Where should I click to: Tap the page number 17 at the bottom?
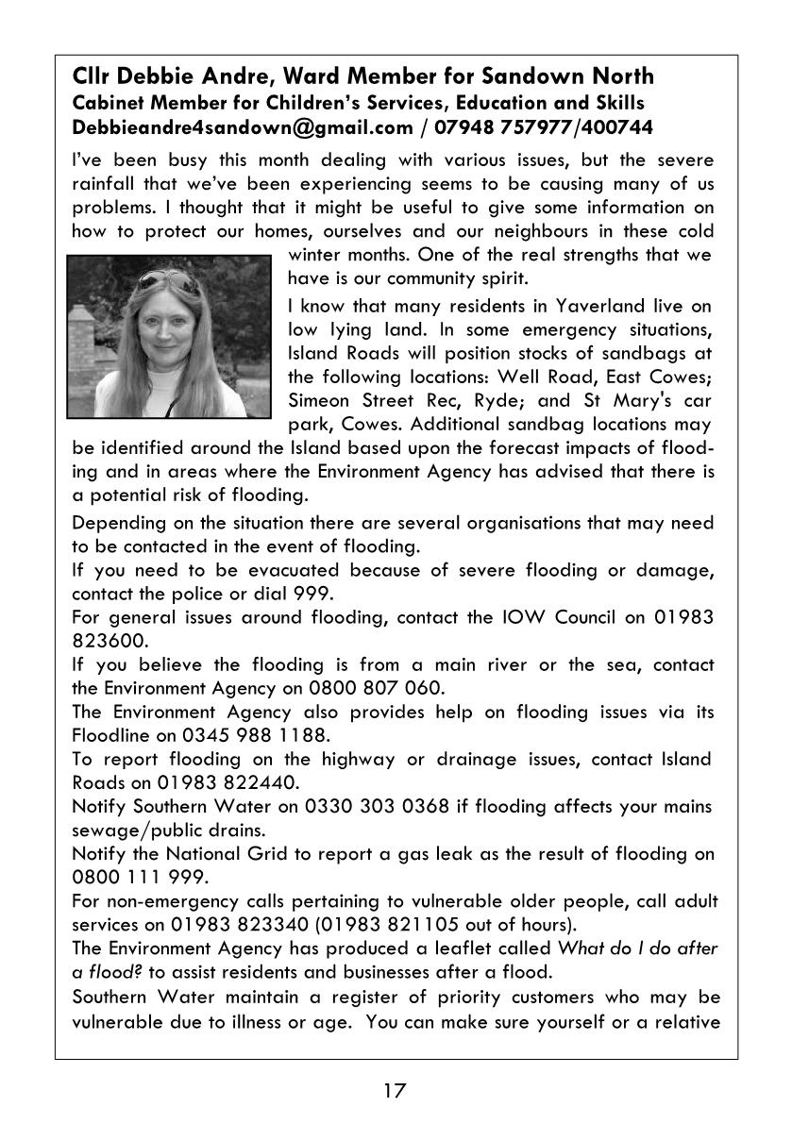[395, 1092]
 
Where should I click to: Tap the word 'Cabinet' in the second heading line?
[108, 102]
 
